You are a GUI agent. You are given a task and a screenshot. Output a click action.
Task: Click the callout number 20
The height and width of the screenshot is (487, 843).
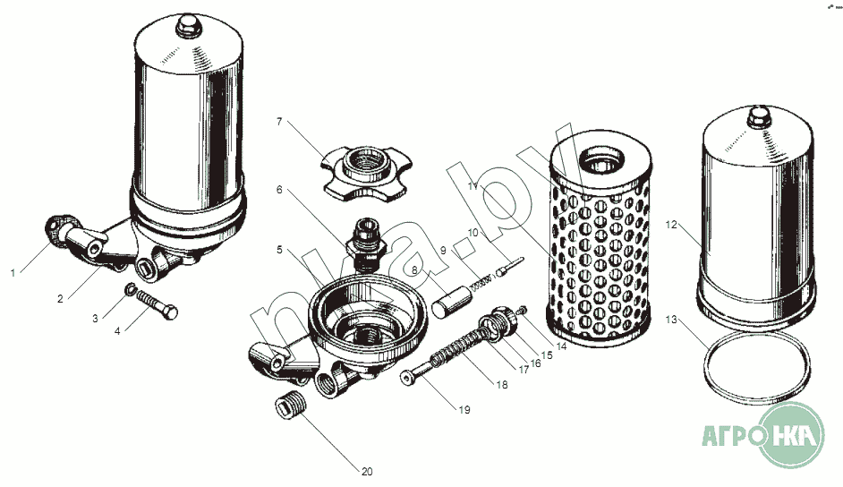[367, 472]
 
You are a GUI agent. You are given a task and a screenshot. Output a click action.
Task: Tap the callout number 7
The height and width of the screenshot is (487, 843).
[279, 122]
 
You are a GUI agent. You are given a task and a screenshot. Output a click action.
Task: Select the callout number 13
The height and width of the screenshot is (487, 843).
[671, 320]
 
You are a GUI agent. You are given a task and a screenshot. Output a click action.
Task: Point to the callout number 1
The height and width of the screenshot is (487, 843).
[13, 273]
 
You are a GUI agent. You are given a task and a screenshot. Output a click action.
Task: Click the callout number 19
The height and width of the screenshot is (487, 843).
[464, 410]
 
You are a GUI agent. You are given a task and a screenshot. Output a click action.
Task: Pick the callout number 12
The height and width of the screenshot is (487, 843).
[671, 225]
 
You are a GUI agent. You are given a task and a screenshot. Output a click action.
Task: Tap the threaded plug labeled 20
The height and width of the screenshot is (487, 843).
[290, 406]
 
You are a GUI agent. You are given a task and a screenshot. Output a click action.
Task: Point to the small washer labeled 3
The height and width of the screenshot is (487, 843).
[130, 290]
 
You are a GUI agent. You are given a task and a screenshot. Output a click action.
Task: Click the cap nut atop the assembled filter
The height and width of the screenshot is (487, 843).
[188, 26]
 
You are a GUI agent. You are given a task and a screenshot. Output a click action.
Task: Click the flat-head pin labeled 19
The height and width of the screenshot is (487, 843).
[418, 373]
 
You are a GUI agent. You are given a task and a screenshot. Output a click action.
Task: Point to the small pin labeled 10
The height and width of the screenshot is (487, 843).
[510, 267]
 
